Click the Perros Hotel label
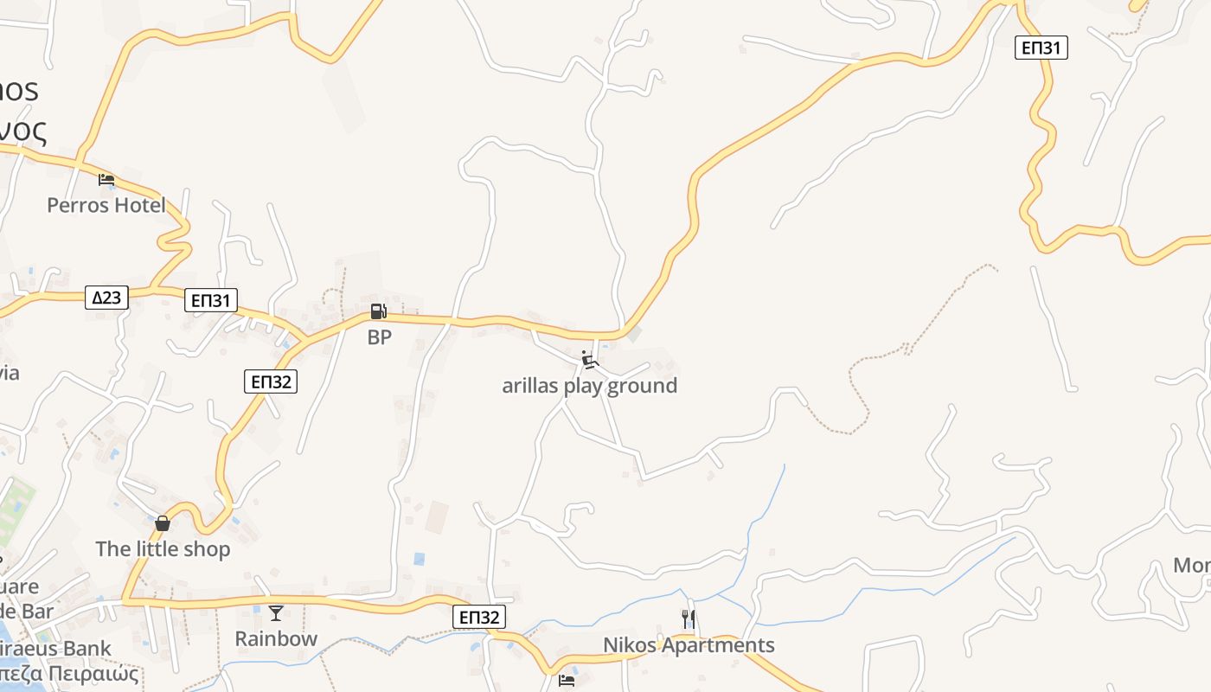(106, 205)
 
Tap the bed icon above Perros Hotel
(106, 180)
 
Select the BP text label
(379, 337)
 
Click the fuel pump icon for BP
(378, 311)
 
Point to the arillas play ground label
(589, 386)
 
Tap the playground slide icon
(590, 360)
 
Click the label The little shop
(163, 549)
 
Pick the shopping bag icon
(162, 523)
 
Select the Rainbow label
(276, 639)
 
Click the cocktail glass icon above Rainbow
(276, 613)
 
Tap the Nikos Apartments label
(689, 645)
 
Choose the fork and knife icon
(689, 619)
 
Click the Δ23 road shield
(106, 298)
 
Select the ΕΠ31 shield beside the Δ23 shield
(211, 300)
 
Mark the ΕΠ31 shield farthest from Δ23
(1041, 48)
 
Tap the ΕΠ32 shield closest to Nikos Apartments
(478, 617)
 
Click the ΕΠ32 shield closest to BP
(271, 381)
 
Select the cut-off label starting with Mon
(1192, 565)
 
